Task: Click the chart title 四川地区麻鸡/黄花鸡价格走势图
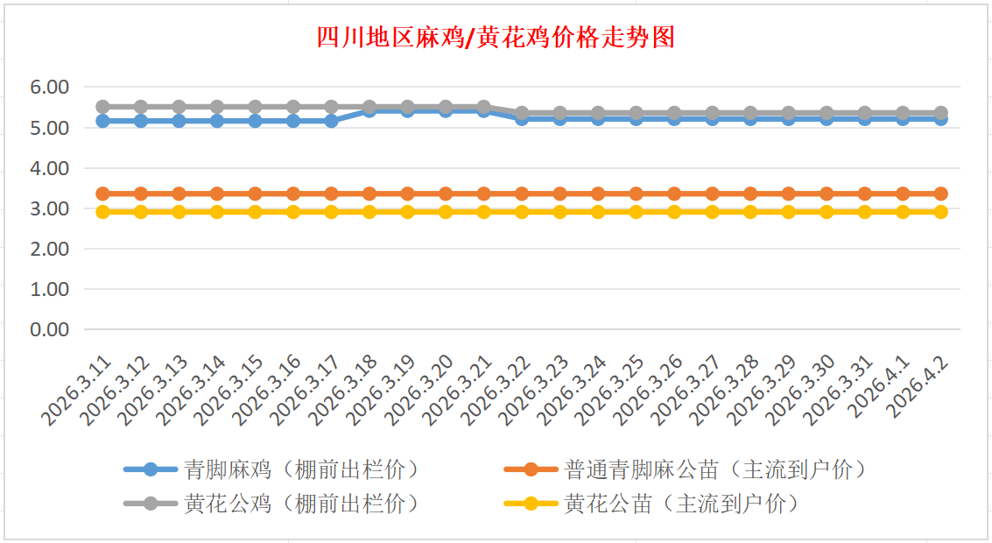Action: point(495,38)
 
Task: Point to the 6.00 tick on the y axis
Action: point(49,88)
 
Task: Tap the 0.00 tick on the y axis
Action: point(49,329)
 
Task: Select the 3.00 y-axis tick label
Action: point(49,208)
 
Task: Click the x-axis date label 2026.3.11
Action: point(81,390)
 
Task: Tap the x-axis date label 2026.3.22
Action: point(500,390)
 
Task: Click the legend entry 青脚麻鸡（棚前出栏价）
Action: point(302,469)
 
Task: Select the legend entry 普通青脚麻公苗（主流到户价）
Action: point(716,469)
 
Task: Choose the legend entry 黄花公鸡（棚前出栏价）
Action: point(302,504)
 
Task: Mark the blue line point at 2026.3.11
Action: point(102,121)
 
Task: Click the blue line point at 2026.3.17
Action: point(331,121)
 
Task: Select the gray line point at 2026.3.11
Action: point(102,107)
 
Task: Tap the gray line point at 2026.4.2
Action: point(941,113)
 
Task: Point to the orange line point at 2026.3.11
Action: point(102,194)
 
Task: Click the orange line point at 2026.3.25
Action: point(637,194)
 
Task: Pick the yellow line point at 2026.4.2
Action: point(941,212)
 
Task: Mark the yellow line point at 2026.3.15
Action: point(255,212)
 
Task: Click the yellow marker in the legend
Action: point(531,504)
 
